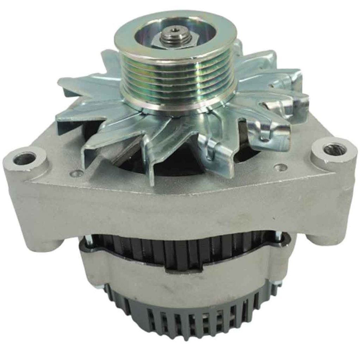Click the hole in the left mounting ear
[25, 158]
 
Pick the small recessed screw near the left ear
[75, 173]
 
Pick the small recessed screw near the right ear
[280, 167]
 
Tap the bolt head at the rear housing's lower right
[278, 282]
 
